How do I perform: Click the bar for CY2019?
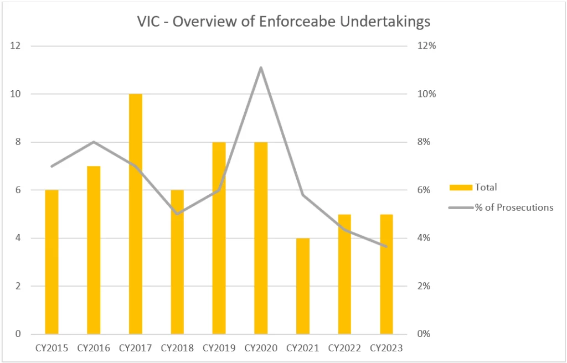(x=219, y=238)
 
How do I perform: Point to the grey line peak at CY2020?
(x=261, y=68)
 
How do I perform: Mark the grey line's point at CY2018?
(x=177, y=214)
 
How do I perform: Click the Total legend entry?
(x=476, y=187)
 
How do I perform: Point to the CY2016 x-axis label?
(x=94, y=348)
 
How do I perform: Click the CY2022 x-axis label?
(x=344, y=348)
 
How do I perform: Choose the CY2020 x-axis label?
(x=261, y=348)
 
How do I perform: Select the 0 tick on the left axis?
(x=18, y=334)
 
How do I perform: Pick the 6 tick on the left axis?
(x=18, y=190)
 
